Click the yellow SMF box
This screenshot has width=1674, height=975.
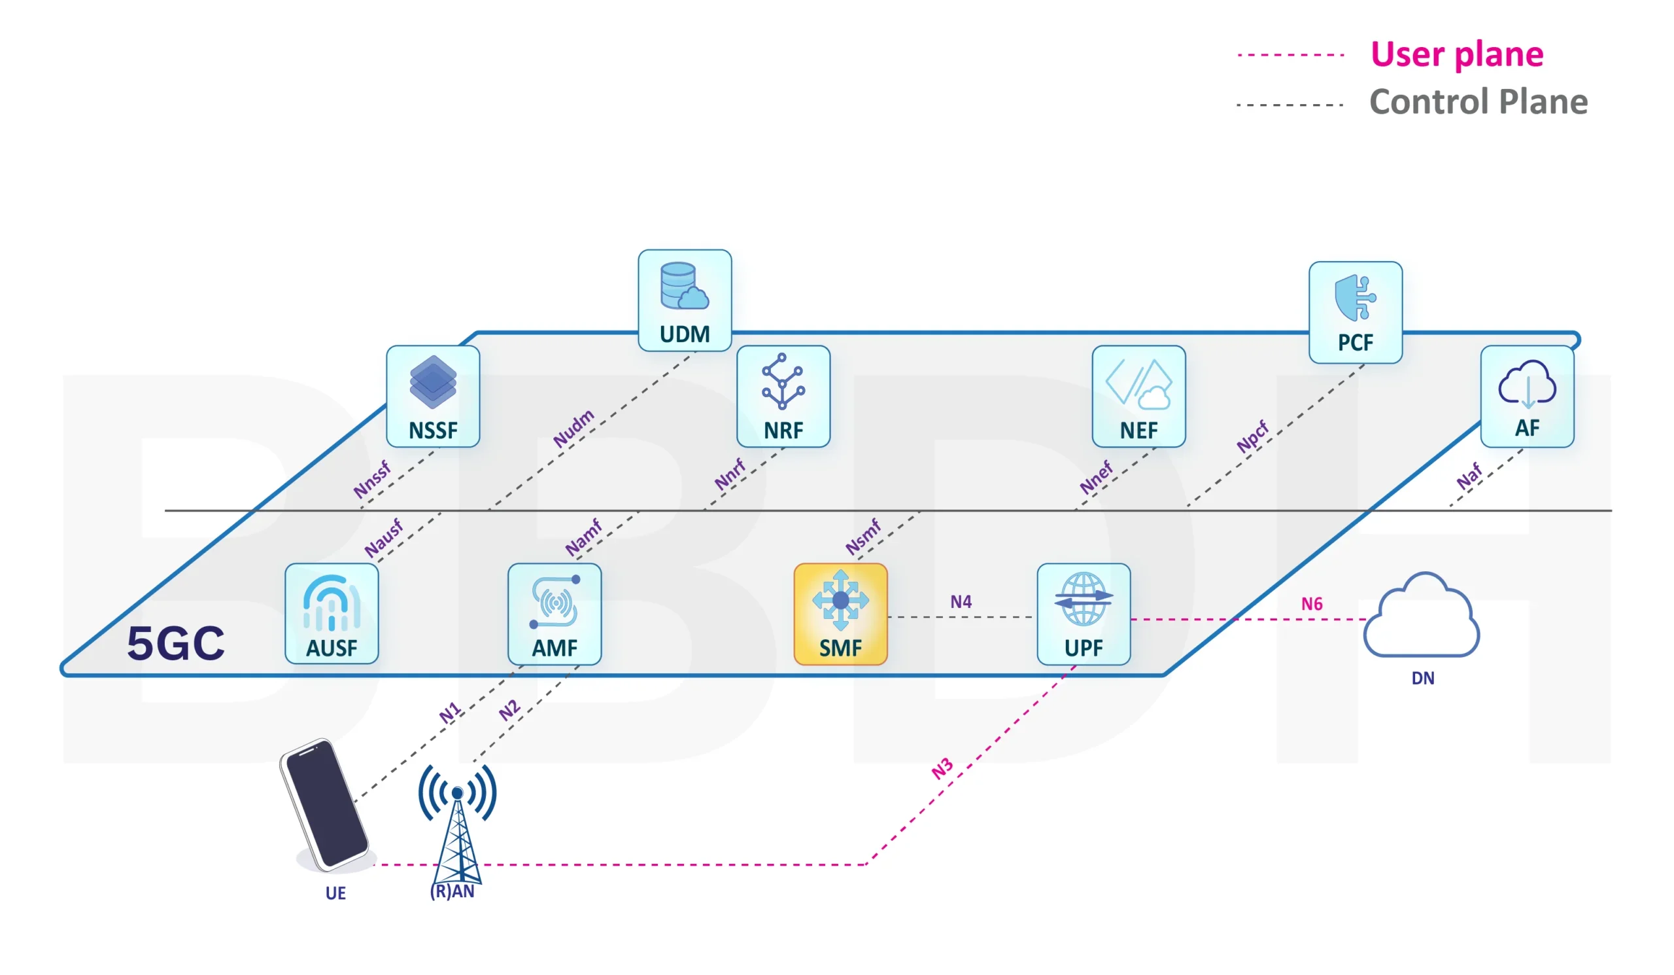point(840,613)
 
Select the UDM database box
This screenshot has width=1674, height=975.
point(684,300)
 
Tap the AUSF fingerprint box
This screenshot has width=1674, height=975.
point(332,613)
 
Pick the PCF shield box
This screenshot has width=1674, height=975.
point(1355,312)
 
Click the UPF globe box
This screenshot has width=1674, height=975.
point(1084,613)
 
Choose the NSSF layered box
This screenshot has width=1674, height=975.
point(432,396)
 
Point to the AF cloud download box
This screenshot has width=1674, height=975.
point(1526,396)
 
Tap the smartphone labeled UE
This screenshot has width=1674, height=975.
point(324,805)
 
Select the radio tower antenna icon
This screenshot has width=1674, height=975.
point(457,824)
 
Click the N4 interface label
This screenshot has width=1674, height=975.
point(961,601)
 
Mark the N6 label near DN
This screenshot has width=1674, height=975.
point(1311,603)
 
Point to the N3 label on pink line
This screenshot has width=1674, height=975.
point(942,768)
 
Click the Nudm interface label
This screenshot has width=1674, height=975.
point(573,428)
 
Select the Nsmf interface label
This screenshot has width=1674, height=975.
point(863,537)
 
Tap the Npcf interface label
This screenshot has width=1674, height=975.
point(1252,436)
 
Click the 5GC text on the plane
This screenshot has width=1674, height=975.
point(176,643)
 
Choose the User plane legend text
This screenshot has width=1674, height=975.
point(1456,54)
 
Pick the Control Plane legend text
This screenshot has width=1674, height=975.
point(1478,102)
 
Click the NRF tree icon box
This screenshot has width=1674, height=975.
point(783,396)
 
